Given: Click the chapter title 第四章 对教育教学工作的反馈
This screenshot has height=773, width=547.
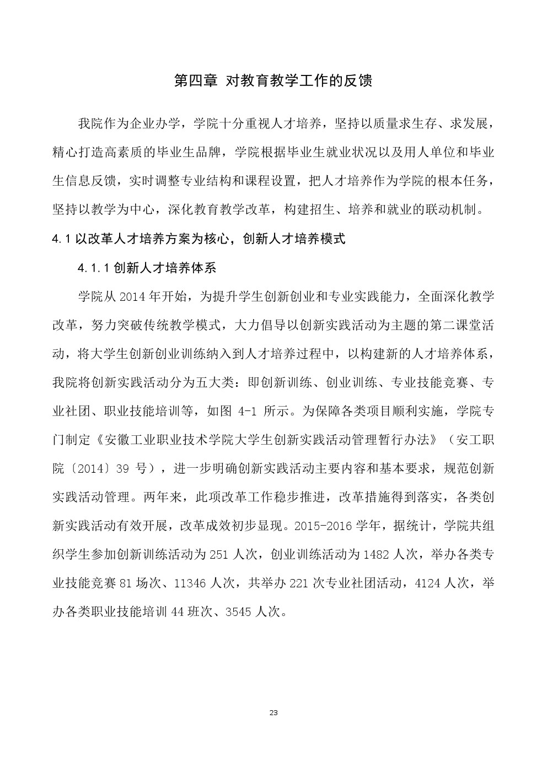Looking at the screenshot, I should point(273,80).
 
